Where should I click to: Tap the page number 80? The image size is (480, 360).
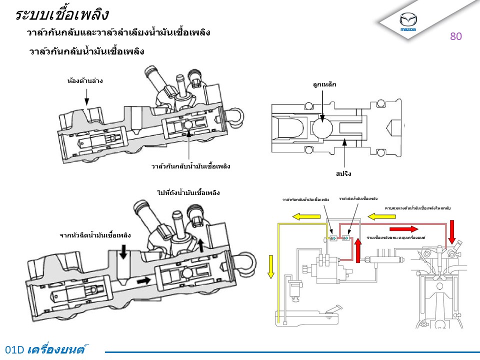point(455,36)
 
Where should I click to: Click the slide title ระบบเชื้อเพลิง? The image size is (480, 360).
point(61,14)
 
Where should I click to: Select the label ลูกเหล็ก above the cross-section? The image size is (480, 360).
point(324,84)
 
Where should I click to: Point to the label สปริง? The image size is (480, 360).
point(344,174)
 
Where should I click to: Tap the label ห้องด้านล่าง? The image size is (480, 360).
point(85,80)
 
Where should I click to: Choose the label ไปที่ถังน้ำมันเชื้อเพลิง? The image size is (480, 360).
point(188,192)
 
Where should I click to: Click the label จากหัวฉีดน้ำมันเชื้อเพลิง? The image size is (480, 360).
point(95,234)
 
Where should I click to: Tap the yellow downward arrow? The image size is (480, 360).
point(270,265)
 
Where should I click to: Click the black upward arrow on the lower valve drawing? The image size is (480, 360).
point(200,244)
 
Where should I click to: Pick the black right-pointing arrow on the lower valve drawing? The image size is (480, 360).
point(143,280)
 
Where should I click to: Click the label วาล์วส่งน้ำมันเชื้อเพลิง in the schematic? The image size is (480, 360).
point(358,198)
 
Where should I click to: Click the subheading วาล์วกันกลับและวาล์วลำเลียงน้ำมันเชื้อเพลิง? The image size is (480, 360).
point(118,33)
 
